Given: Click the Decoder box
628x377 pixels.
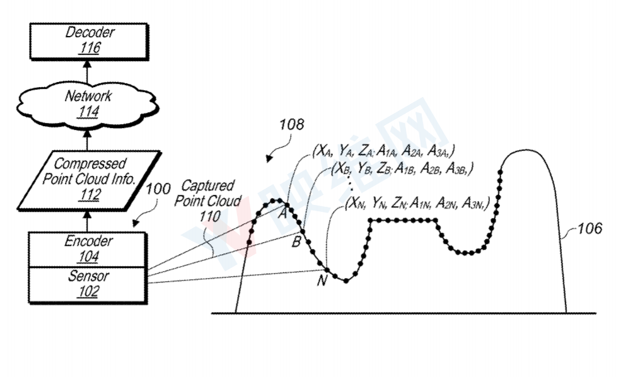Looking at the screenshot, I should (88, 41).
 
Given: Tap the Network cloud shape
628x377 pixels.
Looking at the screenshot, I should (88, 103).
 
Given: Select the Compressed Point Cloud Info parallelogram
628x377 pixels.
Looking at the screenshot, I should (88, 180).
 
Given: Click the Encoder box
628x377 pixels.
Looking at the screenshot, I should (88, 248).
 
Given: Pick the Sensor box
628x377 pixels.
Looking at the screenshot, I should (88, 284).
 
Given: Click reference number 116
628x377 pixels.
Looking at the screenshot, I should (89, 49).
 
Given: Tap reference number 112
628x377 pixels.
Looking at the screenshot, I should (88, 195).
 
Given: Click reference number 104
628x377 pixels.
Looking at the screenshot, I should (88, 256).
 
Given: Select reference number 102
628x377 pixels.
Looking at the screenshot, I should (88, 291).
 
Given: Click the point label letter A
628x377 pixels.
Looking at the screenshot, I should (282, 214).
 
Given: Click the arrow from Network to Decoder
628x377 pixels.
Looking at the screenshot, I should (88, 70).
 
